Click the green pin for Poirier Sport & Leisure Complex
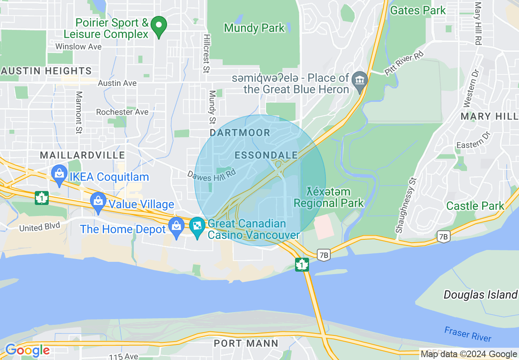pyautogui.click(x=158, y=26)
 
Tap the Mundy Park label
pyautogui.click(x=254, y=28)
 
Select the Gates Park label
pyautogui.click(x=417, y=10)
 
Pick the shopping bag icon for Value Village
pyautogui.click(x=98, y=202)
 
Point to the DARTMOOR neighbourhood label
pyautogui.click(x=240, y=133)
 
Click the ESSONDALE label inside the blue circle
pyautogui.click(x=266, y=155)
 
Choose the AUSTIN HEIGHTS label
pyautogui.click(x=46, y=71)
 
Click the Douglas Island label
pyautogui.click(x=481, y=295)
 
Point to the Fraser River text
pyautogui.click(x=468, y=334)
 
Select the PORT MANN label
pyautogui.click(x=246, y=343)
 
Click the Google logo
pyautogui.click(x=27, y=350)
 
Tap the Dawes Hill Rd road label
pyautogui.click(x=212, y=175)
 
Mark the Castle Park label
pyautogui.click(x=475, y=206)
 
